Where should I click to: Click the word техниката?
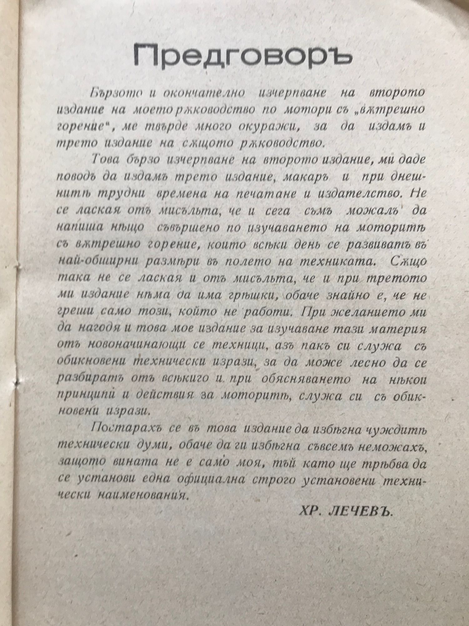(x=335, y=262)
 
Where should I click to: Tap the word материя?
(x=398, y=330)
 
